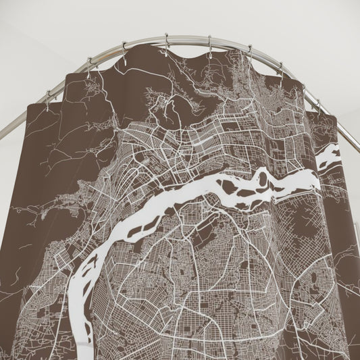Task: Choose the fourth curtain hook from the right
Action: [x=249, y=51]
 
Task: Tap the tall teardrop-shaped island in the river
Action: [x=262, y=180]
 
